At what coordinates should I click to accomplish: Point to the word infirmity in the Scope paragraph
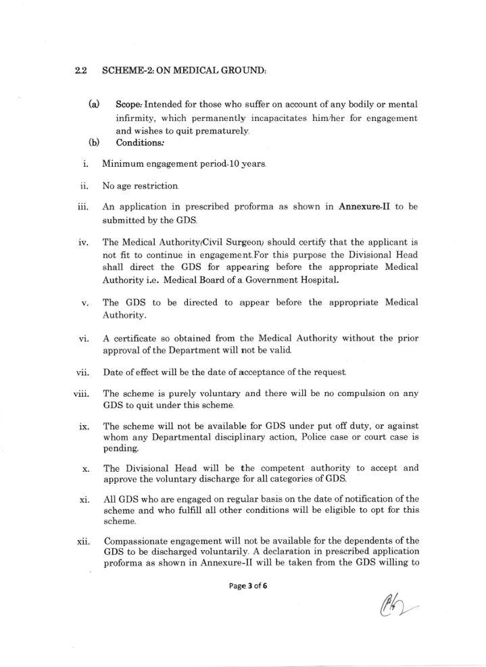tap(135, 118)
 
